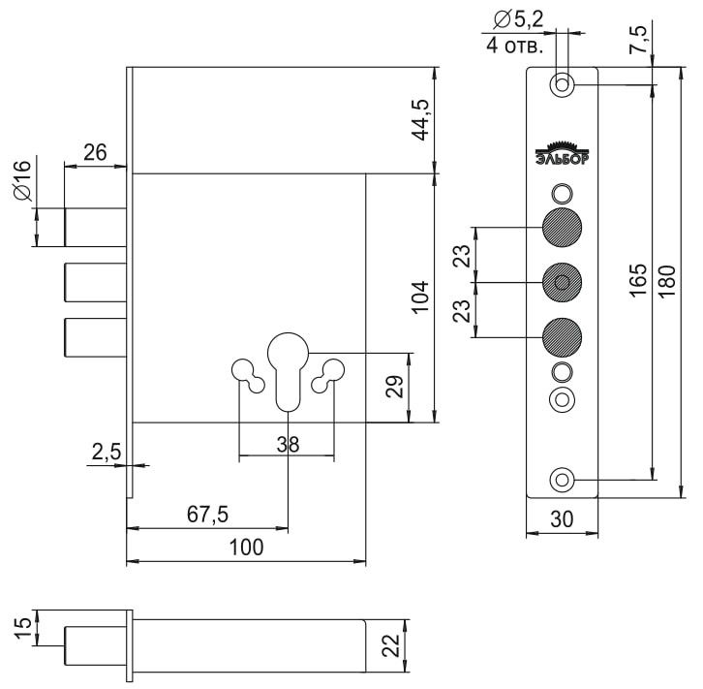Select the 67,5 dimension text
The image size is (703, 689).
pos(206,515)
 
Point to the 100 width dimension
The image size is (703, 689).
pos(247,548)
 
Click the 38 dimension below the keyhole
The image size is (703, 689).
pos(287,444)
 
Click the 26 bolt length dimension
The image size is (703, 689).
pos(95,152)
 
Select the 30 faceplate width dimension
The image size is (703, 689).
pos(563,518)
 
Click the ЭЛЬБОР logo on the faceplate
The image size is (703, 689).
pos(562,154)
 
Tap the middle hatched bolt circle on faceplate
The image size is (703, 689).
pos(562,282)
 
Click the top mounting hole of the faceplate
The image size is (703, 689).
pos(562,85)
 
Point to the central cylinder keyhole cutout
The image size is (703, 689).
pos(287,369)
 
